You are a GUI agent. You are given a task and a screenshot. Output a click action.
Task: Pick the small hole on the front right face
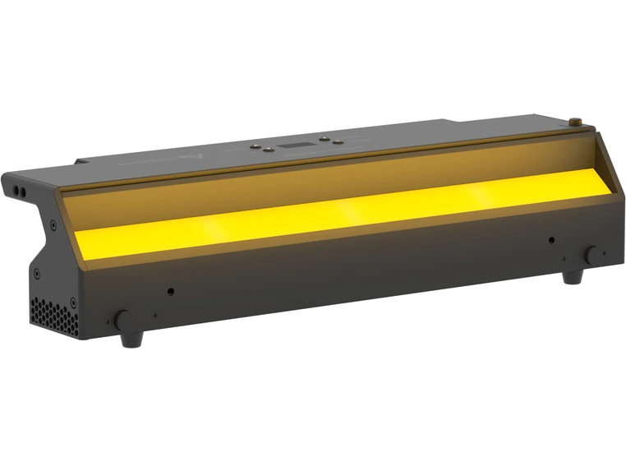pyautogui.click(x=551, y=240)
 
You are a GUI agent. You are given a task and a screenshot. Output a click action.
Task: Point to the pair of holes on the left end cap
pyautogui.click(x=19, y=190)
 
